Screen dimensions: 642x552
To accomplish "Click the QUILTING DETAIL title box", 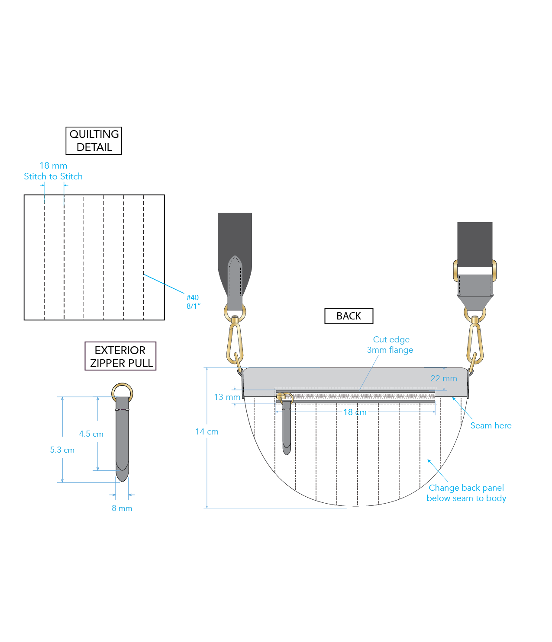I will [94, 141].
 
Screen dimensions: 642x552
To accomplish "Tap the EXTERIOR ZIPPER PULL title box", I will [120, 356].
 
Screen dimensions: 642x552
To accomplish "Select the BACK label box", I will [349, 316].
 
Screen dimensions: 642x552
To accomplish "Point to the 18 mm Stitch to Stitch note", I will [53, 171].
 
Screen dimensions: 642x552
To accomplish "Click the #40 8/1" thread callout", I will [193, 302].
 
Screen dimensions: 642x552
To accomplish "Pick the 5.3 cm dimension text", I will [62, 450].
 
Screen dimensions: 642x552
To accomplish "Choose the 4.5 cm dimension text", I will [91, 434].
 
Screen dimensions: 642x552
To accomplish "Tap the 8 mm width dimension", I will [122, 508].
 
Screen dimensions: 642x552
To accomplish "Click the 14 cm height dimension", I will [207, 432].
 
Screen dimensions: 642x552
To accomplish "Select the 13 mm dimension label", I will [227, 397].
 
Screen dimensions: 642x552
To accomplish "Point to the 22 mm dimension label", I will [443, 379].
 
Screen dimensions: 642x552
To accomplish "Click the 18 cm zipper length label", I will [355, 412].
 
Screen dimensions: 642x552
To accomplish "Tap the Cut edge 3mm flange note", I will [391, 345].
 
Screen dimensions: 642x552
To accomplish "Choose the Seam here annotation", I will [491, 426].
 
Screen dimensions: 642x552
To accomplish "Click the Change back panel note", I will [466, 493].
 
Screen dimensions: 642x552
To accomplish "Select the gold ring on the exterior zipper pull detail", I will [122, 391].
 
